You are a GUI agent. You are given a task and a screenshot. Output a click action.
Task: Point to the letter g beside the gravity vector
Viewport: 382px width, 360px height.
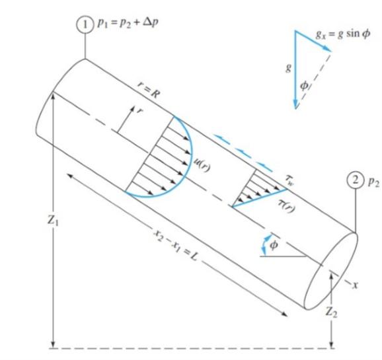pyautogui.click(x=287, y=69)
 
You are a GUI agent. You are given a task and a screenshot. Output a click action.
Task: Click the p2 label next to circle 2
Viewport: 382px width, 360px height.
pyautogui.click(x=373, y=180)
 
